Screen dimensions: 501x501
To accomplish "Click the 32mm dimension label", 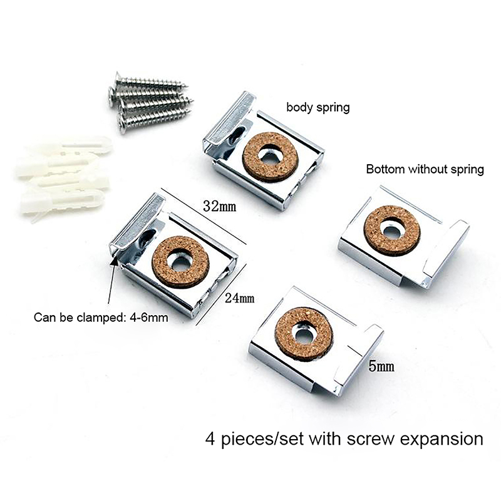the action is click(x=220, y=207).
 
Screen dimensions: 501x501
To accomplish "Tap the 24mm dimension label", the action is click(x=240, y=298).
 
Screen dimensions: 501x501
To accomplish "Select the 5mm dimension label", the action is click(x=381, y=366).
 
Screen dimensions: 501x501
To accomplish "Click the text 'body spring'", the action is click(x=318, y=107).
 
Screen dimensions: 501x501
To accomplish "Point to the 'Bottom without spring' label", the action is click(x=425, y=169).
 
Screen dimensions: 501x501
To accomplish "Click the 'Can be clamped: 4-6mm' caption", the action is click(x=101, y=318).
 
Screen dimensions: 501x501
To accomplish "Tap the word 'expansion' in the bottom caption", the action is click(x=442, y=439).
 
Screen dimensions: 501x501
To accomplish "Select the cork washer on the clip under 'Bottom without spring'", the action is click(x=392, y=230).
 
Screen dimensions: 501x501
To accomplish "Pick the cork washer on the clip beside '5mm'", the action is click(x=304, y=334).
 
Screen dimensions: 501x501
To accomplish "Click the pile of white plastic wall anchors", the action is click(x=64, y=177).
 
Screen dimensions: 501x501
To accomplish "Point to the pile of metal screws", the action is click(x=150, y=101).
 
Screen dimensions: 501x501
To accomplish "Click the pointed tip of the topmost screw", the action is click(x=187, y=86).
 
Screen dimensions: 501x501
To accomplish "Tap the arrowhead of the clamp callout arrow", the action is click(x=113, y=261).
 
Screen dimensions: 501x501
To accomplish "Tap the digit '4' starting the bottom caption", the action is click(x=210, y=438).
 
